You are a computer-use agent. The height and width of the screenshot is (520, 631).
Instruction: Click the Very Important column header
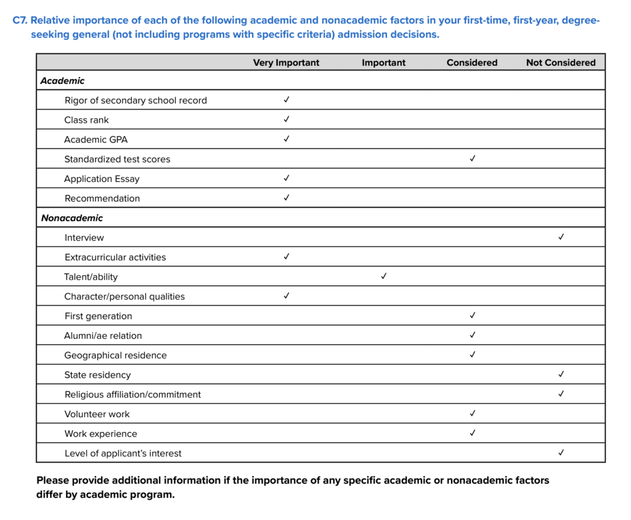pyautogui.click(x=286, y=62)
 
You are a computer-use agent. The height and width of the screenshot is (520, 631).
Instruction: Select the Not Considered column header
pyautogui.click(x=561, y=62)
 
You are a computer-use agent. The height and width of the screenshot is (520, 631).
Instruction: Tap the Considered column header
pyautogui.click(x=472, y=62)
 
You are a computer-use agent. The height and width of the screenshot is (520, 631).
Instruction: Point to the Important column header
pyautogui.click(x=383, y=62)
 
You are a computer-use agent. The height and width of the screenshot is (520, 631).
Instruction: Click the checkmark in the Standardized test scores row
pyautogui.click(x=473, y=158)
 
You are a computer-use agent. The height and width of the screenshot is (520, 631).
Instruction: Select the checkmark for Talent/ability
pyautogui.click(x=383, y=276)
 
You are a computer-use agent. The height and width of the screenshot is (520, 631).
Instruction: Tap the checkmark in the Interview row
pyautogui.click(x=561, y=237)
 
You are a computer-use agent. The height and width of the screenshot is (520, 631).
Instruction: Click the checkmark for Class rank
pyautogui.click(x=287, y=119)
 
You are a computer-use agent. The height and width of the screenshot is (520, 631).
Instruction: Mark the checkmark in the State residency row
pyautogui.click(x=561, y=374)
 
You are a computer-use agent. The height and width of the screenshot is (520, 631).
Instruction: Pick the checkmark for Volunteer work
pyautogui.click(x=473, y=413)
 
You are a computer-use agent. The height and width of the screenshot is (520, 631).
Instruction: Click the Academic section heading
pyautogui.click(x=63, y=81)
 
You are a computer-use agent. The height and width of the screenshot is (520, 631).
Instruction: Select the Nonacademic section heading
pyautogui.click(x=72, y=218)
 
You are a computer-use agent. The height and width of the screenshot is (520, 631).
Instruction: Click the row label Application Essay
pyautogui.click(x=102, y=179)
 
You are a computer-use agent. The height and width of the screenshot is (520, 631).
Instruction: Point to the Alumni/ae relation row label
pyautogui.click(x=103, y=336)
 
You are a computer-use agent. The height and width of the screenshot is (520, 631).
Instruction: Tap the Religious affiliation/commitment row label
pyautogui.click(x=132, y=394)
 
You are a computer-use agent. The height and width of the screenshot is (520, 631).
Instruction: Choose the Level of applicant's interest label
pyautogui.click(x=123, y=453)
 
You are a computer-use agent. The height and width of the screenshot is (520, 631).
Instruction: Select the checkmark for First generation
pyautogui.click(x=473, y=315)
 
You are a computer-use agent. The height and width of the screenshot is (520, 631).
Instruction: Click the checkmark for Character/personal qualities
pyautogui.click(x=287, y=296)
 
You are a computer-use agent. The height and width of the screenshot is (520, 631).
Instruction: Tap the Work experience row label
pyautogui.click(x=100, y=434)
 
